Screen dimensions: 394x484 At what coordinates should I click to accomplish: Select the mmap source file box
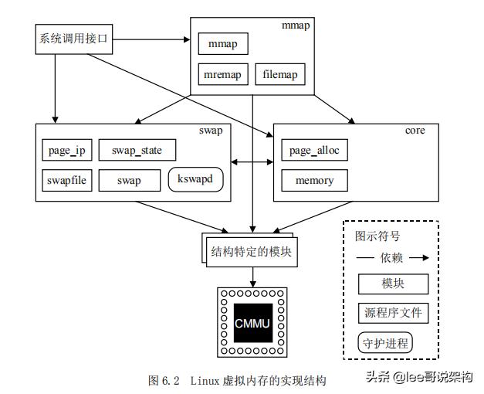click(x=223, y=43)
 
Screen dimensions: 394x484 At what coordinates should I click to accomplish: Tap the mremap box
click(x=222, y=74)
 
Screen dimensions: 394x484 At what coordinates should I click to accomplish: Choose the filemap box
click(x=280, y=74)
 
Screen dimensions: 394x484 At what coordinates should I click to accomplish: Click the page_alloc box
click(x=314, y=150)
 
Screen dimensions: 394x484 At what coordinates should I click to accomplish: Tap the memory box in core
click(x=314, y=180)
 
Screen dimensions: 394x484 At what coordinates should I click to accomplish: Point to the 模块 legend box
click(x=393, y=284)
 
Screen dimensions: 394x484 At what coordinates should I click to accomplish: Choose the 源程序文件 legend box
click(x=393, y=313)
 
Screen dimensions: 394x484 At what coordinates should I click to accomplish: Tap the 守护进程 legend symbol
click(x=385, y=342)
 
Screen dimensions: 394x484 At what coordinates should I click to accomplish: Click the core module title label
click(x=414, y=131)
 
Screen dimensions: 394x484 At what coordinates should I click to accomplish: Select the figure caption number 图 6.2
click(x=164, y=381)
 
